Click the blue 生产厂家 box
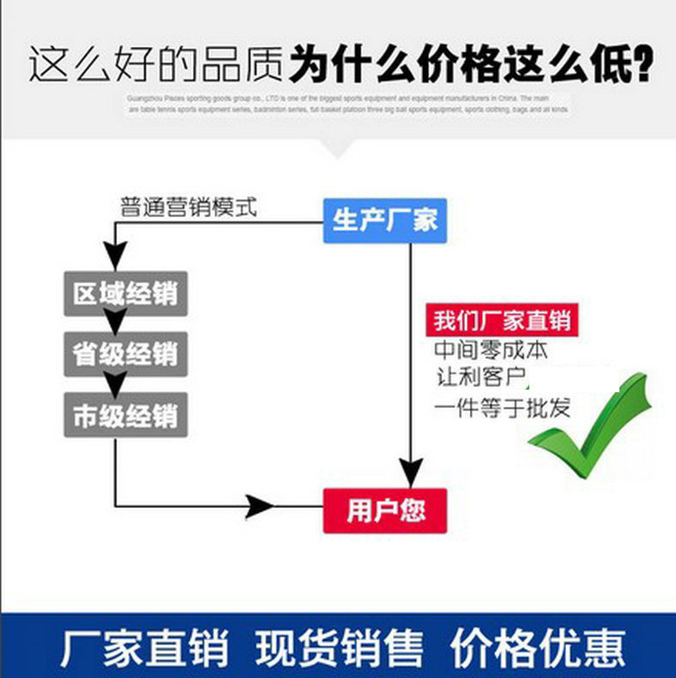click(x=385, y=221)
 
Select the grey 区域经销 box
click(x=125, y=294)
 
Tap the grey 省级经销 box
click(x=125, y=354)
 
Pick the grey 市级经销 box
click(x=125, y=416)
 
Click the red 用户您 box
click(x=385, y=512)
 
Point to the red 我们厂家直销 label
click(x=501, y=321)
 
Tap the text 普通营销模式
click(x=188, y=208)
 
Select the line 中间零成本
click(x=491, y=350)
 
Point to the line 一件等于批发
click(x=502, y=406)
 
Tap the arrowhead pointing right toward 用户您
click(x=259, y=506)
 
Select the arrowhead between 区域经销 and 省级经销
click(x=116, y=323)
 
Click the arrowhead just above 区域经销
click(x=116, y=256)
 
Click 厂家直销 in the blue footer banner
click(x=144, y=647)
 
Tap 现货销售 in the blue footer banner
click(x=339, y=647)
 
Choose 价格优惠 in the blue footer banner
click(x=539, y=647)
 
